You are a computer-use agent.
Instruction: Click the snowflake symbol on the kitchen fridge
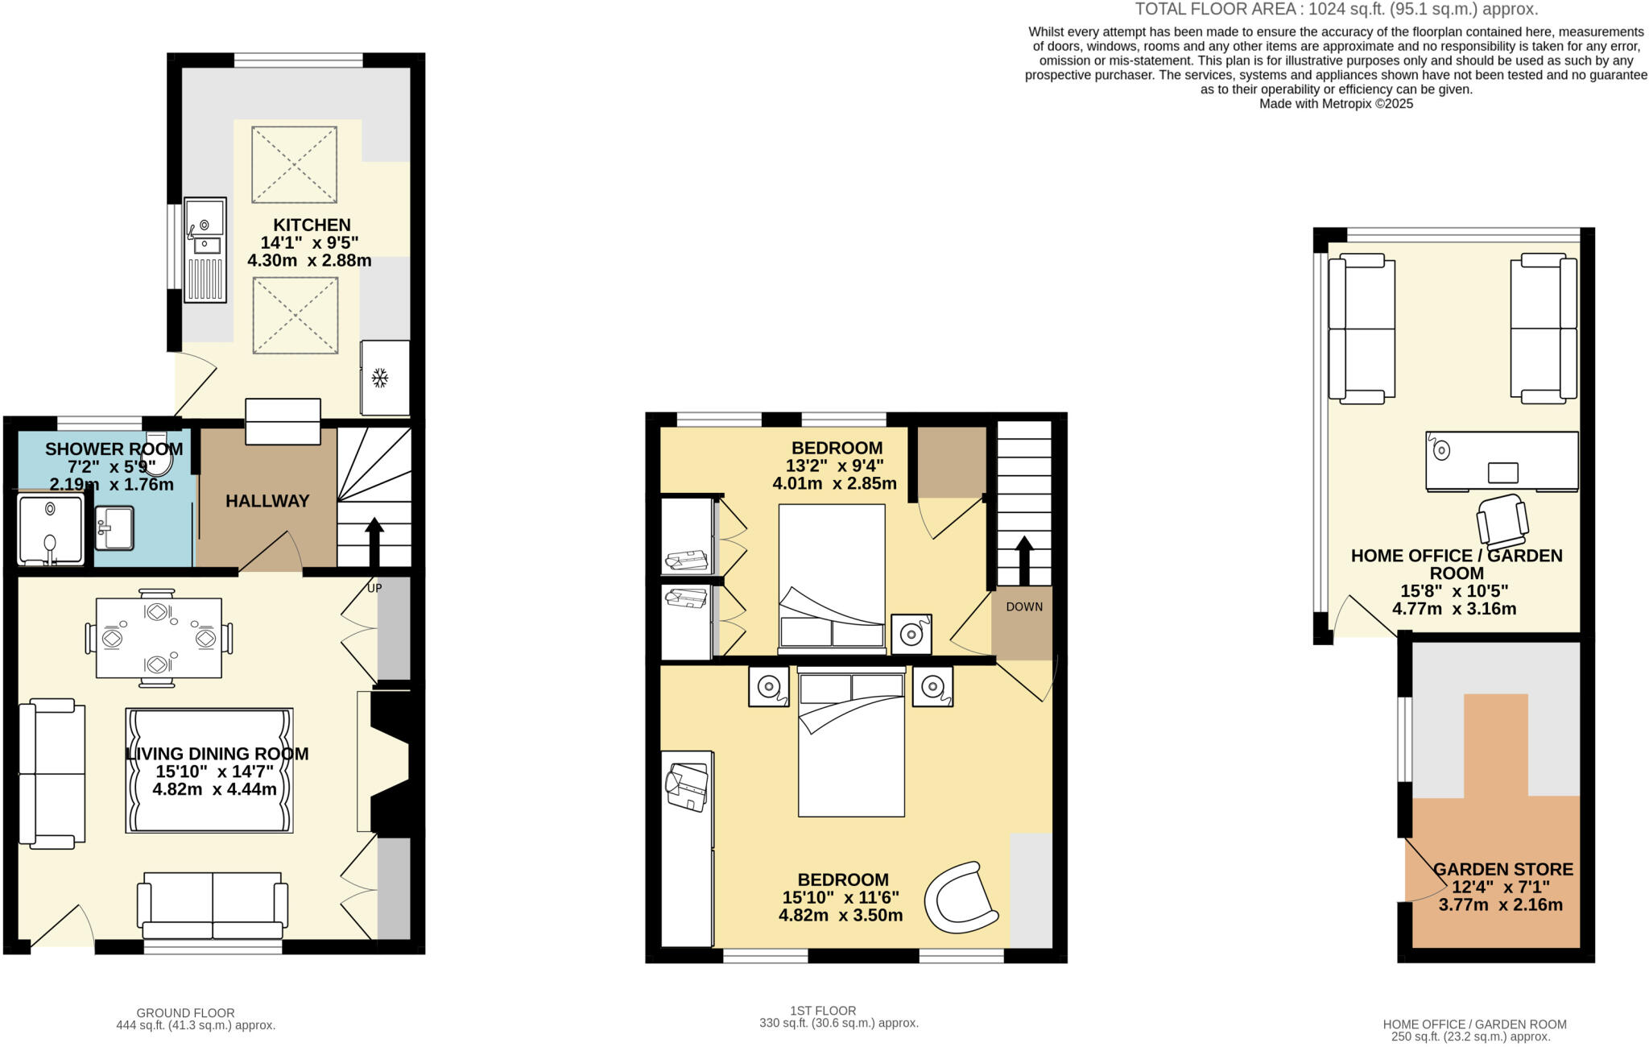(380, 378)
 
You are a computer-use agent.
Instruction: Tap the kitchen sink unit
(205, 250)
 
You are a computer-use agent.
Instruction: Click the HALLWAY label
(267, 501)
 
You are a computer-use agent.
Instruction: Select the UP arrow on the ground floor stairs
(374, 541)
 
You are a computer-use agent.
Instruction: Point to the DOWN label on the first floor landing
(1023, 606)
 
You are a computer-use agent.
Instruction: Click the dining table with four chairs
(159, 638)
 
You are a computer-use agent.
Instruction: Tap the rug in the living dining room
(209, 770)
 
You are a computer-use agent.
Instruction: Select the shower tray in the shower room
(50, 529)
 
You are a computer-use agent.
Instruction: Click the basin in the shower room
(114, 528)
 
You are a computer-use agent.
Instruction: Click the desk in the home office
(1502, 461)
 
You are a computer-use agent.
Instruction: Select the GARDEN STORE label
(1502, 869)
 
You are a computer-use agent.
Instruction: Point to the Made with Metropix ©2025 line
(1336, 104)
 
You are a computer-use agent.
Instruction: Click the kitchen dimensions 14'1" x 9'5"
(309, 242)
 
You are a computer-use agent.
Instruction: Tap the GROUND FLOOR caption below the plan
(185, 1012)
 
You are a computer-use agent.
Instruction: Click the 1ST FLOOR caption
(823, 1010)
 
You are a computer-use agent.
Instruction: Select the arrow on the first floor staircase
(1024, 558)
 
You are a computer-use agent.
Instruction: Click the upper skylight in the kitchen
(294, 164)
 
